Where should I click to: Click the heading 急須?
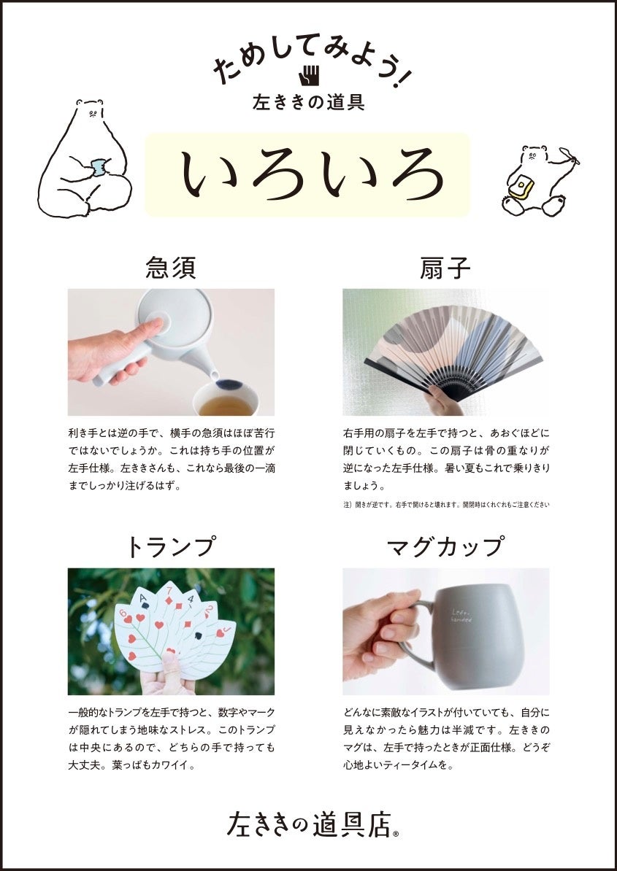click(x=171, y=267)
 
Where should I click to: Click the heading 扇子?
click(x=445, y=267)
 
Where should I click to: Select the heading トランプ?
click(x=171, y=546)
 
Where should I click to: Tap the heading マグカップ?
click(x=446, y=546)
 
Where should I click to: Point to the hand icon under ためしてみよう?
click(x=309, y=76)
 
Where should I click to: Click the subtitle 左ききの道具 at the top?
click(x=308, y=102)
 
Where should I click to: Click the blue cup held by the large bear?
click(x=100, y=166)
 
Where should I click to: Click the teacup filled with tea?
click(x=226, y=399)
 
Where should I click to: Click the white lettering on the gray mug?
click(x=461, y=613)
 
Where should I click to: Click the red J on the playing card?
click(x=220, y=632)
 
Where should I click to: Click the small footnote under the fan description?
click(x=446, y=505)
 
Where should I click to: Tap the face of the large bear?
click(x=94, y=113)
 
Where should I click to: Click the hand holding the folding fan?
click(x=443, y=402)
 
